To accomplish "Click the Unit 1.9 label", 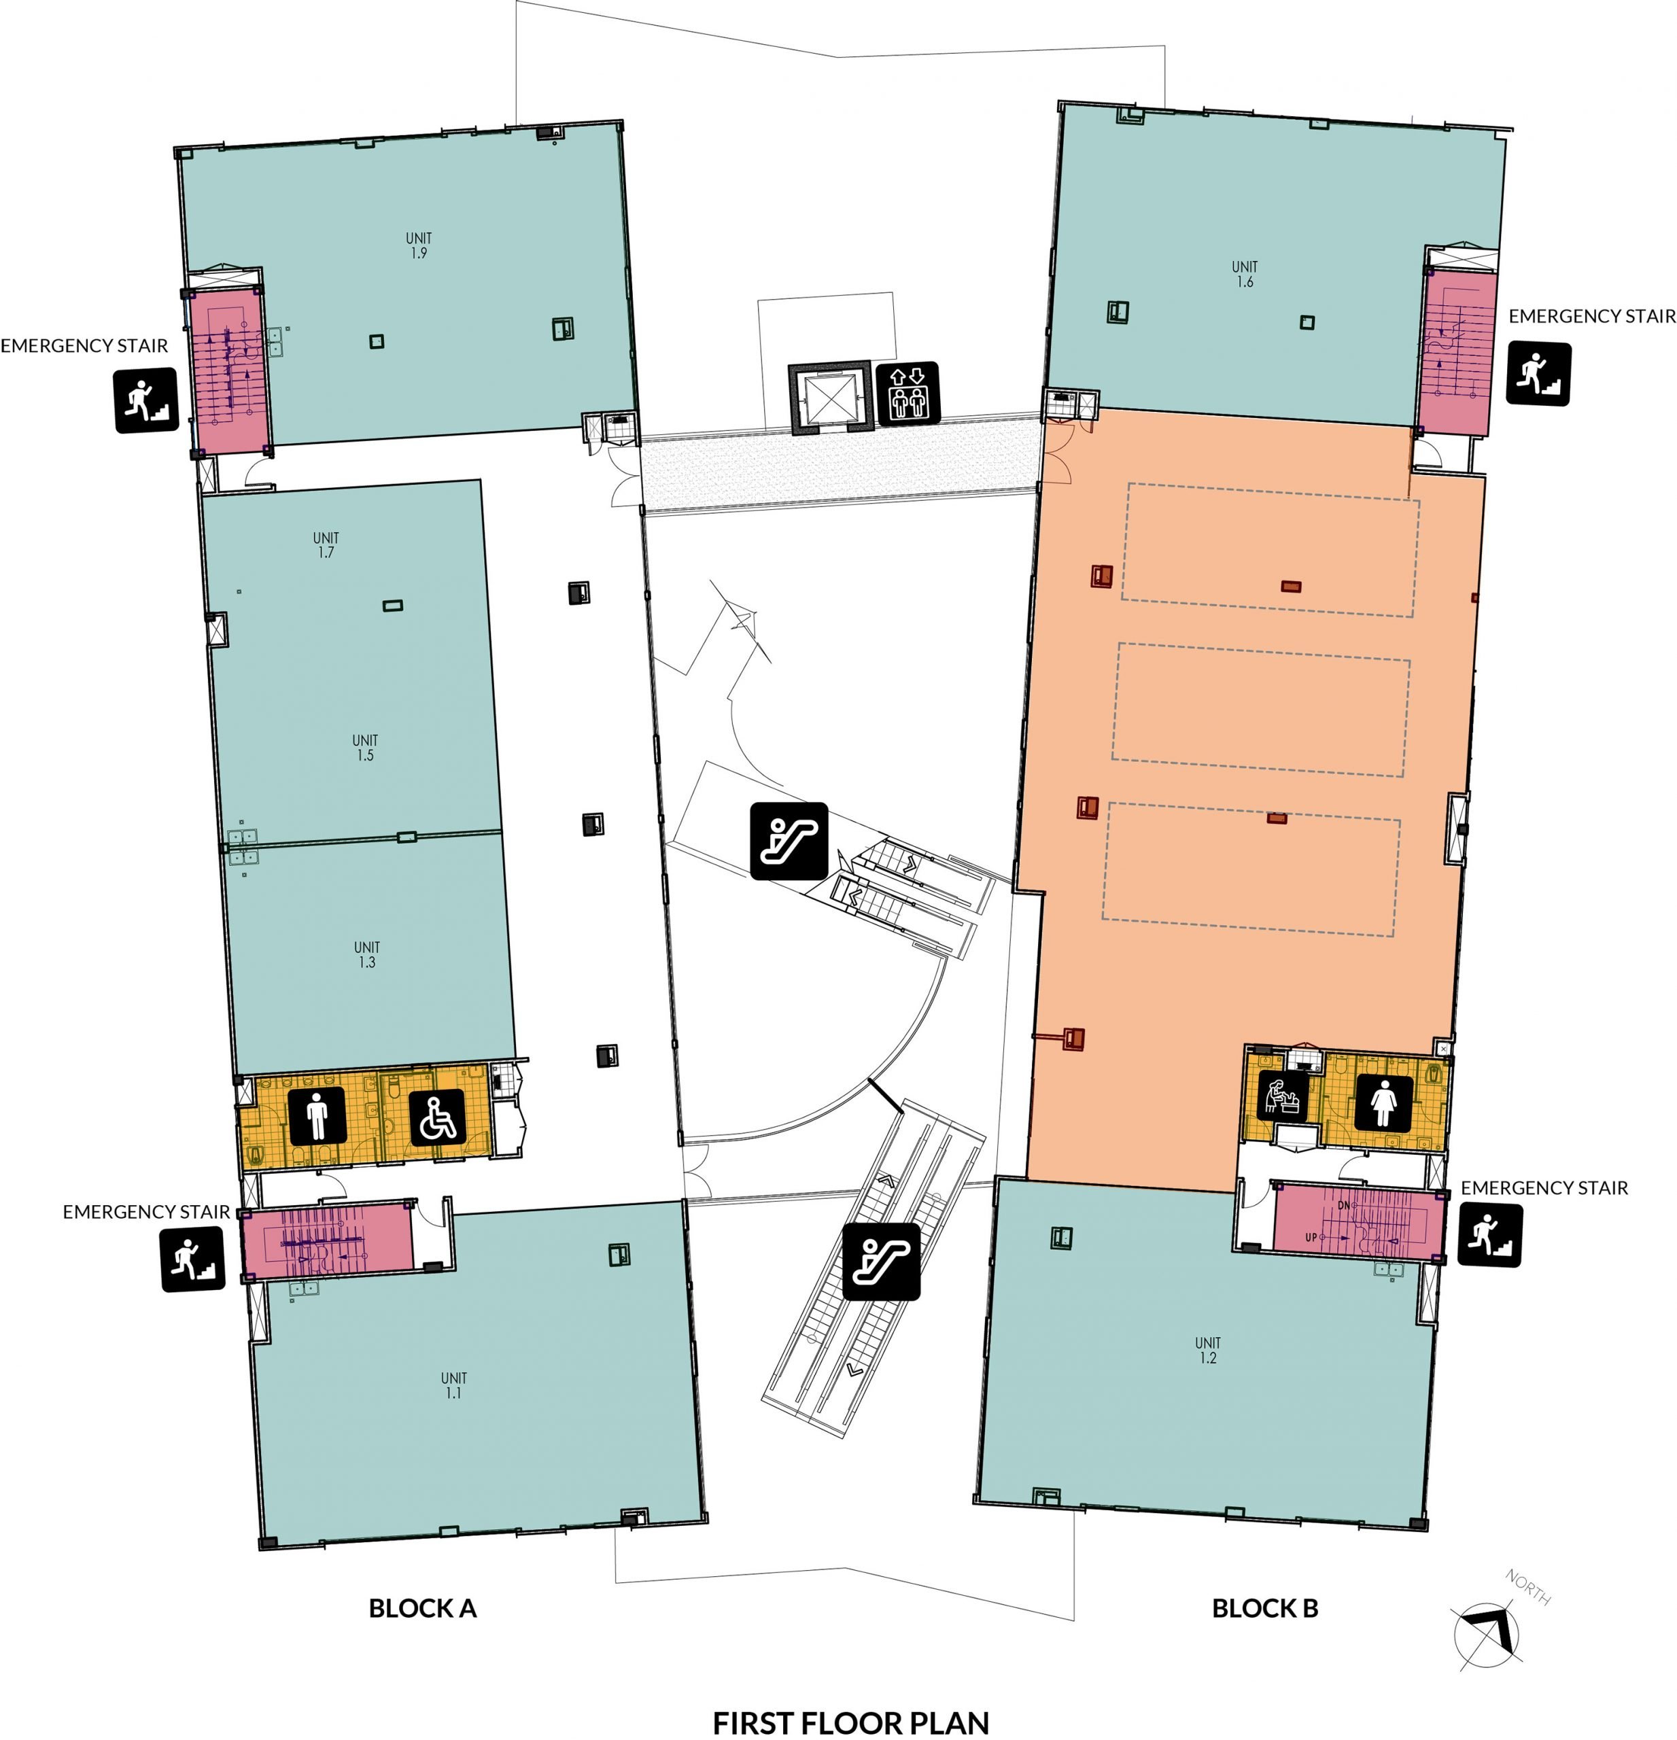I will (418, 245).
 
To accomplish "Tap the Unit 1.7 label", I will (326, 544).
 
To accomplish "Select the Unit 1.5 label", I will (365, 748).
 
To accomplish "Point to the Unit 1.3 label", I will (366, 954).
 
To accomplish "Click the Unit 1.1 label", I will (453, 1385).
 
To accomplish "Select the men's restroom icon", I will (317, 1116).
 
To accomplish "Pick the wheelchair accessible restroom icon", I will (437, 1116).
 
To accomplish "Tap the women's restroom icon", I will (1382, 1102).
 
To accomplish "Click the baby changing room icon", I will (1283, 1097).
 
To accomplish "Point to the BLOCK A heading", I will (423, 1607).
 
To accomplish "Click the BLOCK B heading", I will (1264, 1607).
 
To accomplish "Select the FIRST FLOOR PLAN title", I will (850, 1722).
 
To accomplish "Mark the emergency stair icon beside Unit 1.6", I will (1538, 374).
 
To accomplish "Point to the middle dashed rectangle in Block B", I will (1260, 710).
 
